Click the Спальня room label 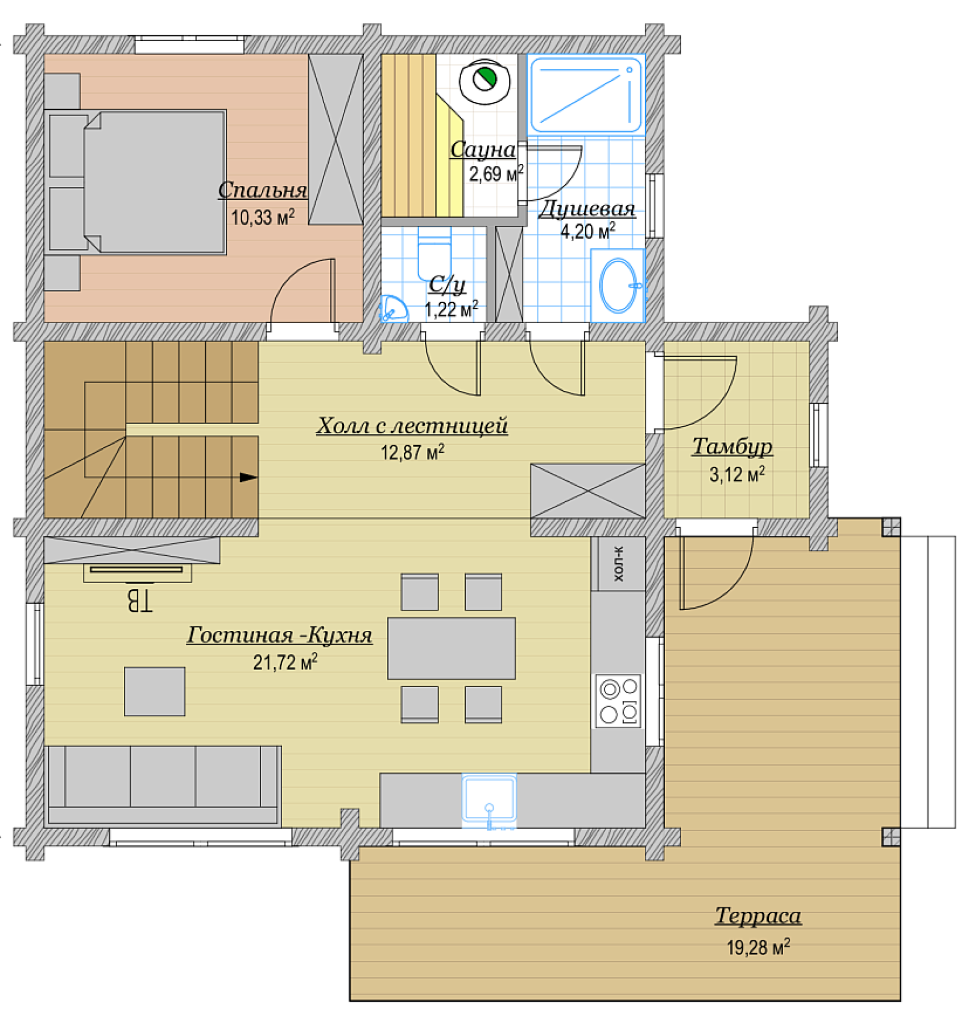[263, 190]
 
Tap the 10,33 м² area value [263, 217]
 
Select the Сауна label [483, 150]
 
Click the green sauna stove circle [485, 79]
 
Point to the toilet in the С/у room [434, 254]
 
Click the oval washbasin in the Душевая [619, 286]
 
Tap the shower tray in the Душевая [586, 94]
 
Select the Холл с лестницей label [412, 426]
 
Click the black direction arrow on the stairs [249, 477]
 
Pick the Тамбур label [732, 446]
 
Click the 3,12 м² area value [737, 474]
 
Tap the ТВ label [139, 600]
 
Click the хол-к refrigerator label [619, 564]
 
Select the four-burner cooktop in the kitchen [618, 701]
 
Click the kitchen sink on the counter [489, 799]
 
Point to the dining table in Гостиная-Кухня [452, 649]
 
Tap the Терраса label [758, 916]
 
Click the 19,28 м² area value [758, 947]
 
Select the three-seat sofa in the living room [163, 786]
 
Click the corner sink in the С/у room [393, 308]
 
